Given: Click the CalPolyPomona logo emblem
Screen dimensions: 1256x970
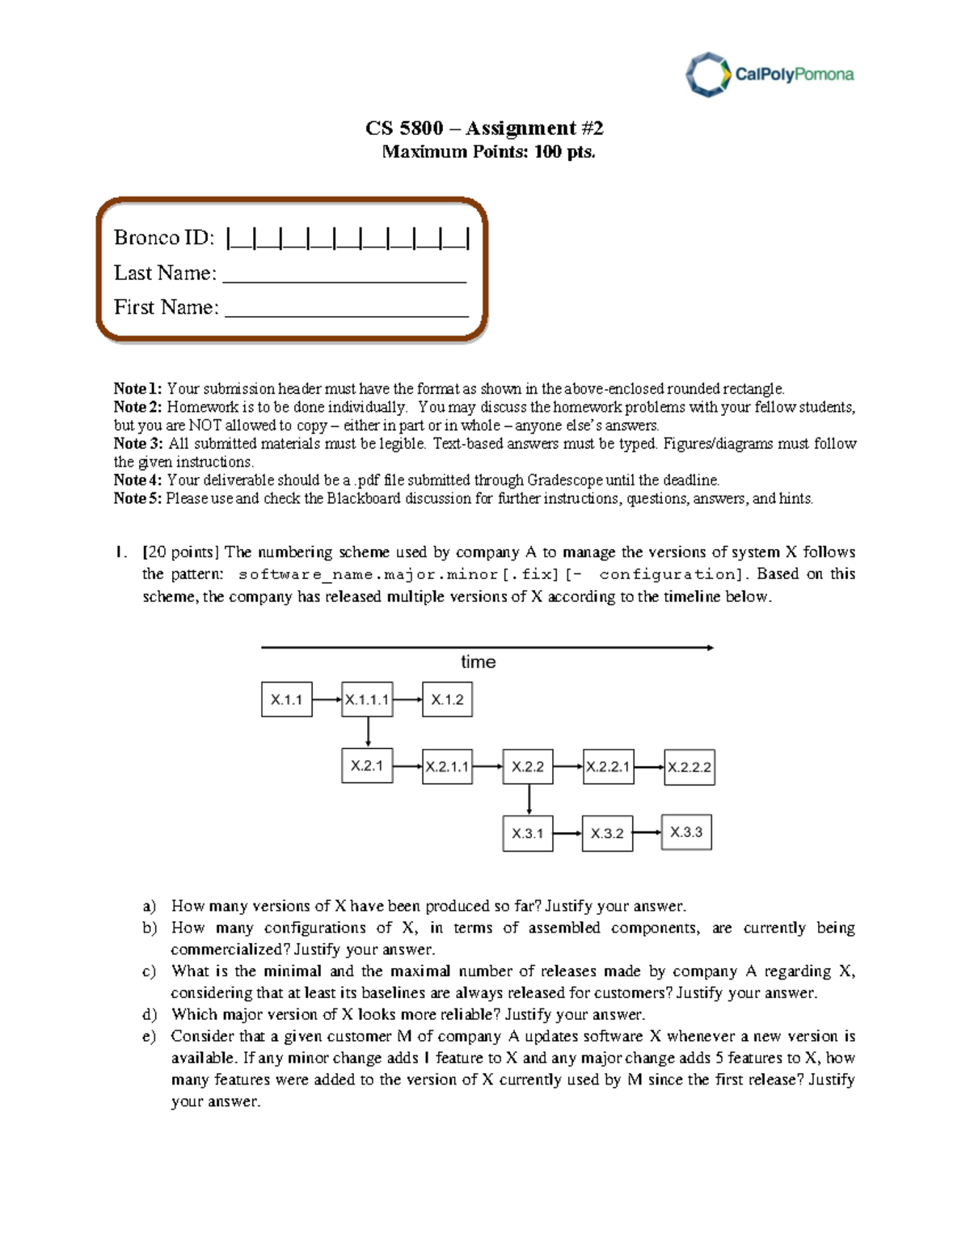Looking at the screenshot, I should coord(707,74).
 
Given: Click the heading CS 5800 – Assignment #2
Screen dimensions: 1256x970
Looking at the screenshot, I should coord(484,128).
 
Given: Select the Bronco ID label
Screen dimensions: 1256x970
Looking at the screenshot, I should coord(164,237).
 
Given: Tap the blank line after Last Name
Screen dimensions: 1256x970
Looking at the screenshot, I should coord(344,276).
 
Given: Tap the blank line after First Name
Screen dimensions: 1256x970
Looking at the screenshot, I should coord(346,310).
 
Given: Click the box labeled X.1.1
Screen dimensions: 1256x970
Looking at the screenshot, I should coord(286,700).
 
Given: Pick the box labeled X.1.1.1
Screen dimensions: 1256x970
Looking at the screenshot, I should coord(368,700).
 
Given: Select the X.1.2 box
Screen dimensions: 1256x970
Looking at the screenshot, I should coord(447,700).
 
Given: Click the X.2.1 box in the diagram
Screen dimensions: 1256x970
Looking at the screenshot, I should coord(367,766).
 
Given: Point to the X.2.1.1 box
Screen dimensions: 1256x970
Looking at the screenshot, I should coord(447,767).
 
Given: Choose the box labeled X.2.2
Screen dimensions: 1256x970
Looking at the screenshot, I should coord(528,767).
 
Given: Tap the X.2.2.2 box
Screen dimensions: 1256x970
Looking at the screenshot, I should coord(690,767).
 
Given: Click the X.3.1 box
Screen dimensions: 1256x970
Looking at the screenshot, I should coord(528,833).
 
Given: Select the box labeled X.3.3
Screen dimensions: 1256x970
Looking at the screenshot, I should coord(686,832).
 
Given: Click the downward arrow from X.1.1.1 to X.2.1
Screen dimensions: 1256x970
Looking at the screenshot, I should coord(368,732).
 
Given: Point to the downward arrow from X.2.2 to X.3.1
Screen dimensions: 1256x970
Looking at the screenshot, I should coord(529,799).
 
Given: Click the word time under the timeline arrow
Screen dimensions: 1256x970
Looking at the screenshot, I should coord(478,662).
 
